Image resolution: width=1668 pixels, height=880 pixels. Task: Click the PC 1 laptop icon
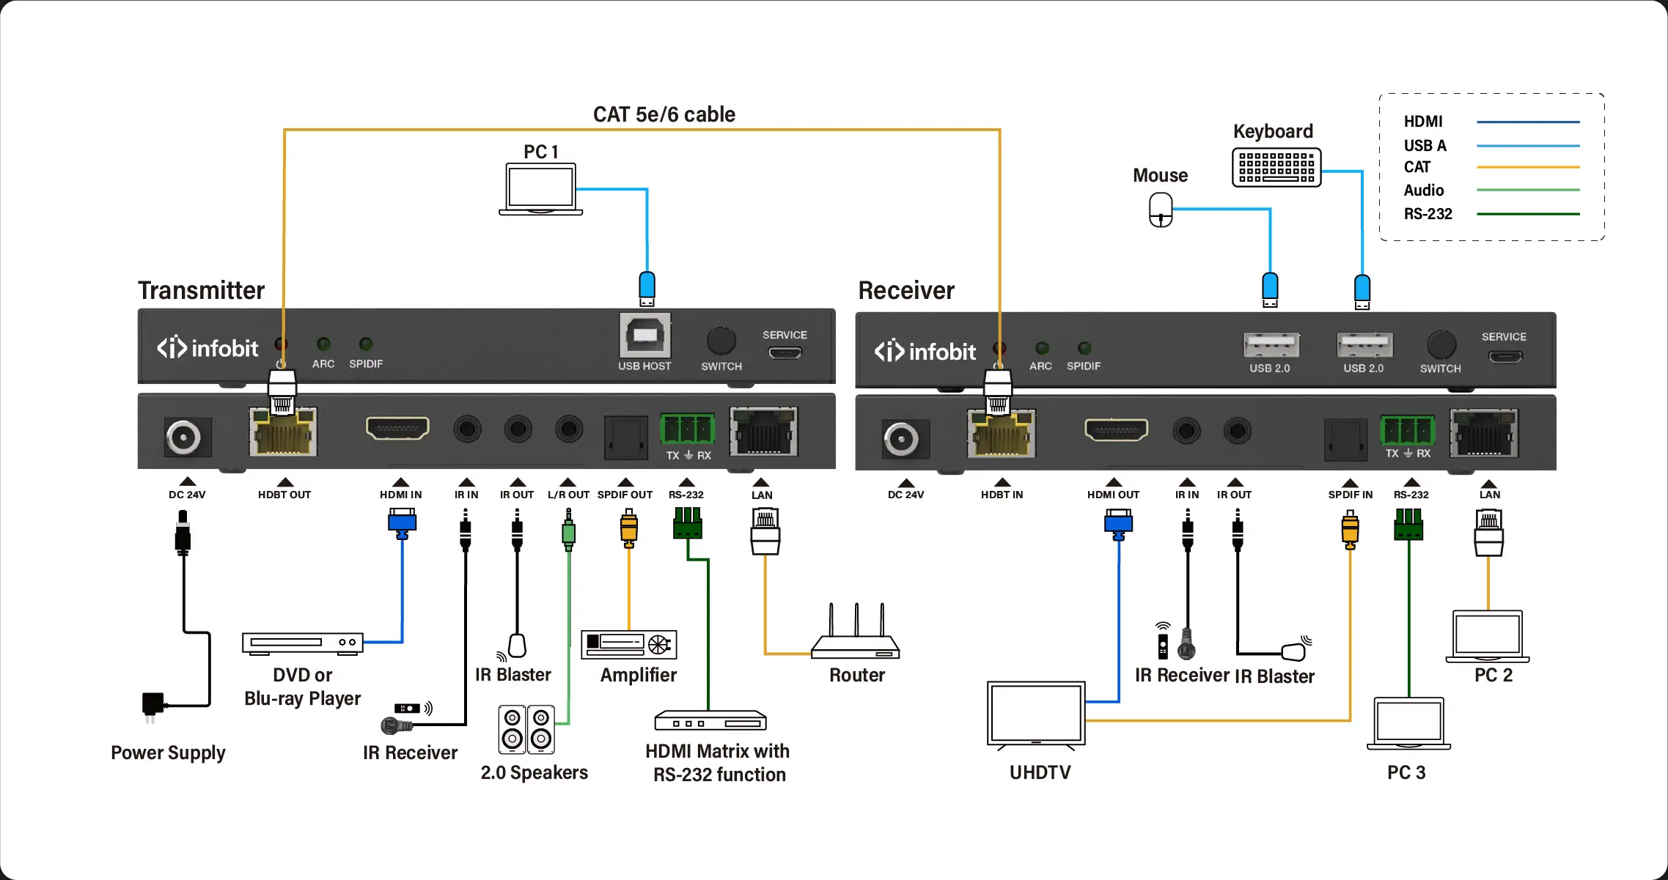click(540, 189)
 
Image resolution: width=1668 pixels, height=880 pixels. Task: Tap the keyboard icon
click(1276, 167)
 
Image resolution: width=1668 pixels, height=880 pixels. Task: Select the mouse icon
click(1161, 210)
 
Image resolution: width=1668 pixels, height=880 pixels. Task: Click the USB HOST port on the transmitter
click(644, 336)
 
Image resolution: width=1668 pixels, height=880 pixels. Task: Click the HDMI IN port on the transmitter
click(397, 428)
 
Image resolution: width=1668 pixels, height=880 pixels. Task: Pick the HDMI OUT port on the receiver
click(1116, 429)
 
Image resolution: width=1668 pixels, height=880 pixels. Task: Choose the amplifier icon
click(629, 644)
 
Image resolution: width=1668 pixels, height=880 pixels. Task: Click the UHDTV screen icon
click(1036, 714)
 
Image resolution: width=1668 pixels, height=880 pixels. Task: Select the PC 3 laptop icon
click(1408, 723)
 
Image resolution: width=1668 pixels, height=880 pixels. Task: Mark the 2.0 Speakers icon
click(526, 730)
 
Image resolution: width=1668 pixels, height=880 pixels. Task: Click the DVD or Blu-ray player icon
click(303, 643)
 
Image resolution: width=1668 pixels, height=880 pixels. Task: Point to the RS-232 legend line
click(1528, 214)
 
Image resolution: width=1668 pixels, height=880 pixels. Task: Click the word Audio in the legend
click(1424, 191)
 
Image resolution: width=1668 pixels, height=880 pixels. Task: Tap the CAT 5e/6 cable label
click(664, 114)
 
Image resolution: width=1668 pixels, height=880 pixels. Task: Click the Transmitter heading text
click(201, 290)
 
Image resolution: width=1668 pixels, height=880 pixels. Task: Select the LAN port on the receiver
click(1484, 433)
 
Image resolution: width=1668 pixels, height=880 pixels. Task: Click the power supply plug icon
click(153, 705)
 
